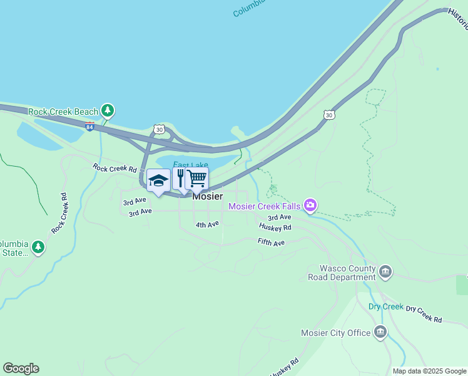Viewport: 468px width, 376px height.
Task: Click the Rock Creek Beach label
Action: tap(63, 112)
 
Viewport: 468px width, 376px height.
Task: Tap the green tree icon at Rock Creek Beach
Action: tap(108, 111)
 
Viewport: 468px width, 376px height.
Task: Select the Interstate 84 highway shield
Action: tap(91, 125)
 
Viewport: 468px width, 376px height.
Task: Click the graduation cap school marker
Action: tap(158, 180)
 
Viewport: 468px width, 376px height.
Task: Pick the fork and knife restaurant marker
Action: tap(181, 178)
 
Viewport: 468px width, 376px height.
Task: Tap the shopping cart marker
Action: tap(196, 178)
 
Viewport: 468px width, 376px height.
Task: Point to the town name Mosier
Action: tap(207, 196)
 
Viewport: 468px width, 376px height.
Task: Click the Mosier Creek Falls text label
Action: tap(265, 206)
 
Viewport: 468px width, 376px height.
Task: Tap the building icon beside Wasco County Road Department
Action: tap(385, 272)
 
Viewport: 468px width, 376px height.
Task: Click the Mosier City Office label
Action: tap(335, 333)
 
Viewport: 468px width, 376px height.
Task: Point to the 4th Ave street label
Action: tap(207, 224)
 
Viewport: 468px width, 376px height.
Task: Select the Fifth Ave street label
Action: tap(271, 242)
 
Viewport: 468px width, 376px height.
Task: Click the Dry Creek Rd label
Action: tap(424, 314)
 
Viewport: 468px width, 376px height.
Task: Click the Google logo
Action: tap(21, 368)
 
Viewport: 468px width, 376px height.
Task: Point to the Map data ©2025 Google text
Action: tap(429, 371)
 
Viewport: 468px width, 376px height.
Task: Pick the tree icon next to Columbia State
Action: tap(39, 248)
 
